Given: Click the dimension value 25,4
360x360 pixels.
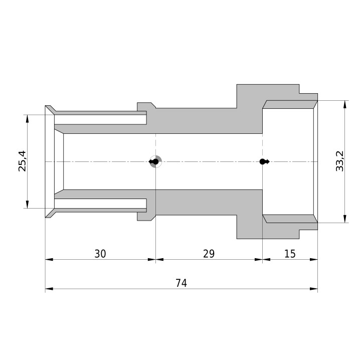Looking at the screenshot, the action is tap(23, 161).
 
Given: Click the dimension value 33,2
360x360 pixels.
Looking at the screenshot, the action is tap(339, 161).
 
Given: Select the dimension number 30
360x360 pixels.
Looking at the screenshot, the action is tap(100, 254).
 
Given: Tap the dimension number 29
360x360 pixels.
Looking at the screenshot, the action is tap(209, 254).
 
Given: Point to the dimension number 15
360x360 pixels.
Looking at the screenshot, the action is tap(290, 254).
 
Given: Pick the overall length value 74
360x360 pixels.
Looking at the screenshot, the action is tap(182, 283).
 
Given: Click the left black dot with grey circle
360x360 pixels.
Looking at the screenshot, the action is tap(155, 161).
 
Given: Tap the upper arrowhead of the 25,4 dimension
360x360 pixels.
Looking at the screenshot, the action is tap(27, 119).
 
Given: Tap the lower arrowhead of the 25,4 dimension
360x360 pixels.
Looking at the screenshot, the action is tap(27, 205).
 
